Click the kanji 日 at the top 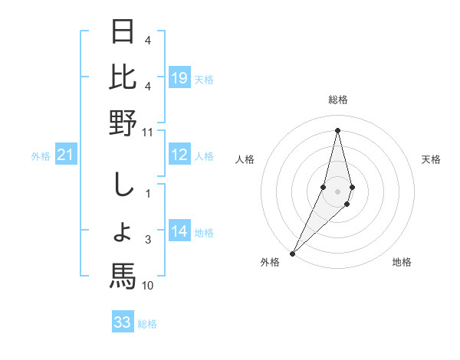click(123, 31)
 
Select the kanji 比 click(123, 77)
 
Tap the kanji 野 click(123, 123)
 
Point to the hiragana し click(123, 184)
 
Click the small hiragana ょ click(123, 232)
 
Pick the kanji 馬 click(123, 276)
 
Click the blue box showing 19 click(179, 77)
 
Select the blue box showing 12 click(179, 155)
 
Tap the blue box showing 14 click(179, 232)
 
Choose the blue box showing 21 click(66, 155)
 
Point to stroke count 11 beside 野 click(148, 132)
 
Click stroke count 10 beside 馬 click(148, 286)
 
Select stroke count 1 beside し click(148, 193)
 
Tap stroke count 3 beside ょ click(148, 241)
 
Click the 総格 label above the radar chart click(338, 100)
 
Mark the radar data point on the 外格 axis click(292, 253)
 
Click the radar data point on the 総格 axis click(338, 130)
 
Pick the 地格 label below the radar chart click(402, 262)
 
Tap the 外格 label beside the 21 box click(41, 156)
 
